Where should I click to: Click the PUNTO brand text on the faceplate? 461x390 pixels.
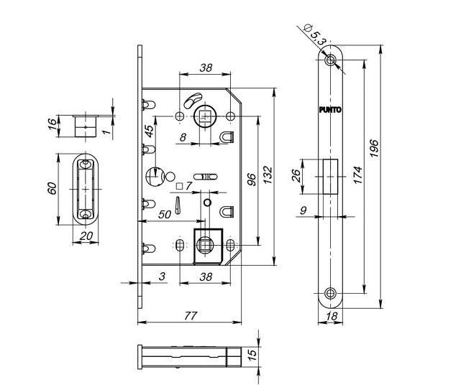click(x=330, y=110)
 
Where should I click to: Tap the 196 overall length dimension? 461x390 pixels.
click(x=374, y=148)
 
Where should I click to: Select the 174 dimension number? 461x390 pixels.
click(x=358, y=175)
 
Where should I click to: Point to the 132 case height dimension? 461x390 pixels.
click(x=268, y=175)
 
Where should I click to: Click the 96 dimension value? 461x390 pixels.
click(x=252, y=180)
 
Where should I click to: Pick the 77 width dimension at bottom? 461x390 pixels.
click(x=191, y=316)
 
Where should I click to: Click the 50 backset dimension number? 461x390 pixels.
click(x=165, y=214)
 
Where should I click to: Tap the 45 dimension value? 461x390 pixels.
click(x=149, y=131)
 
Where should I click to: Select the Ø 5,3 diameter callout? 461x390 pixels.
click(x=314, y=34)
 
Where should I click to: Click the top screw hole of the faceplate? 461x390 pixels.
click(x=330, y=60)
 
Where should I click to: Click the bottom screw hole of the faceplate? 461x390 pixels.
click(x=330, y=293)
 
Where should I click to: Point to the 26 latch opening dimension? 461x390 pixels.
click(x=296, y=176)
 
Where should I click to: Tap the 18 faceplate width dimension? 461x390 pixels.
click(x=332, y=316)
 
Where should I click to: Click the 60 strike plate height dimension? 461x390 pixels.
click(x=52, y=188)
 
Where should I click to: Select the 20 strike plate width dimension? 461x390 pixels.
click(x=86, y=236)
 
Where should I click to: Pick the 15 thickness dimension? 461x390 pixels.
click(x=252, y=355)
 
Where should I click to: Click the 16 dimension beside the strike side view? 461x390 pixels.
click(x=52, y=124)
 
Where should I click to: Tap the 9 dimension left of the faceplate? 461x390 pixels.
click(x=303, y=210)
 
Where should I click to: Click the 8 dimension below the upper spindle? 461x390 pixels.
click(x=183, y=137)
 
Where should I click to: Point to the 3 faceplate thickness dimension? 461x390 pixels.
click(x=162, y=277)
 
